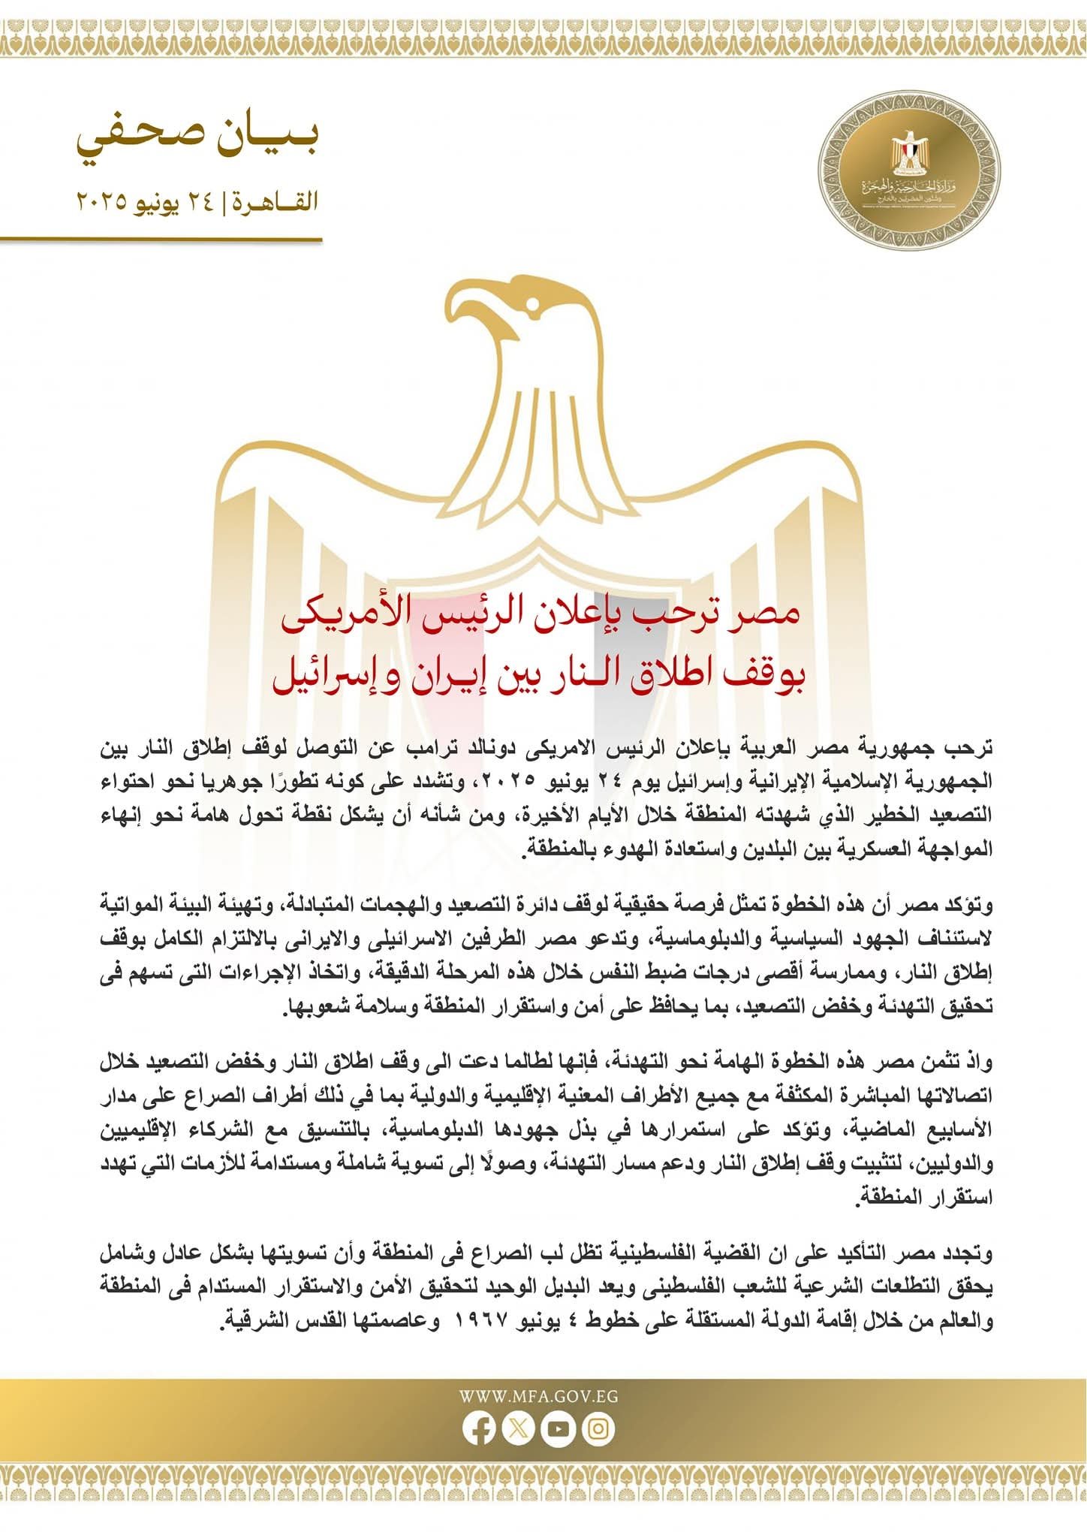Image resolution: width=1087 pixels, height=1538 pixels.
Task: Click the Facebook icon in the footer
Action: point(479,1428)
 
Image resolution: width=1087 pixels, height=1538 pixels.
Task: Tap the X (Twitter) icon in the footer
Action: point(518,1428)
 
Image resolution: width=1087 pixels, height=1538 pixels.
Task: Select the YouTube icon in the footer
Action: point(559,1428)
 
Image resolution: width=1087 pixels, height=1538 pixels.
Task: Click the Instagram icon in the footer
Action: point(598,1428)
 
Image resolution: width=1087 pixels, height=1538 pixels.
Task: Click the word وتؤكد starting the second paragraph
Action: point(971,905)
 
